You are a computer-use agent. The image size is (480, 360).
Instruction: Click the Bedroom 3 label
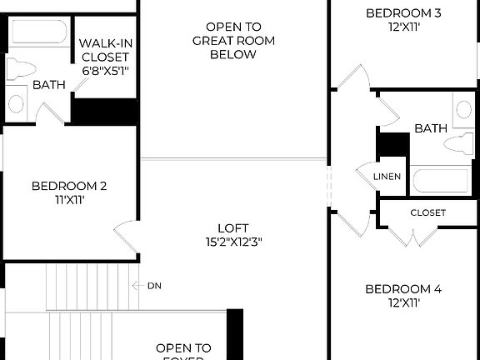coord(404,12)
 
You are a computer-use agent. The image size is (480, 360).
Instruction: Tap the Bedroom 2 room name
coord(70,186)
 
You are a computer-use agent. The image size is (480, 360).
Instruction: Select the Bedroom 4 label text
coord(404,289)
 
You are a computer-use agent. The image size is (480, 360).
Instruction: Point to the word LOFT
coord(233,227)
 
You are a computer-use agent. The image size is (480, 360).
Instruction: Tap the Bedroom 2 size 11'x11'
coord(70,200)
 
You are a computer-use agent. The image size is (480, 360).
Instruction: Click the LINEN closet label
coord(387,177)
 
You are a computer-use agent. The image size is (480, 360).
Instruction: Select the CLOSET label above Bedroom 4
coord(427,212)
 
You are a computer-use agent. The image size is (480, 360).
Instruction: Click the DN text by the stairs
coord(154,286)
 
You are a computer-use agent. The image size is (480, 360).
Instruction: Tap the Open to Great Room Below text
coord(221,40)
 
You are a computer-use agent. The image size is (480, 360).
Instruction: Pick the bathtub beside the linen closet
coord(442,179)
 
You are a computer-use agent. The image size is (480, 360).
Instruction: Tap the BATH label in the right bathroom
coord(431,128)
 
